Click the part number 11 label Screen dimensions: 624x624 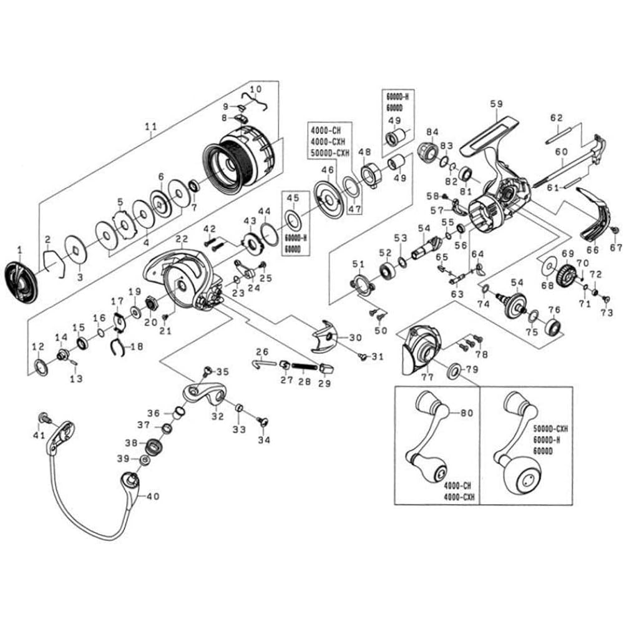150,127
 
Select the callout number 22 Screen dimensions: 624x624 182,239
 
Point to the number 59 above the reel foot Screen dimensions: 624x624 496,104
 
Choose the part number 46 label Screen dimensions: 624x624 325,170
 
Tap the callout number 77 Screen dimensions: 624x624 427,377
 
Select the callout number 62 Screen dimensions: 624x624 557,117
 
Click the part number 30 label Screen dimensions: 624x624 355,338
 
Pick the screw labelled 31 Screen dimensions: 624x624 362,355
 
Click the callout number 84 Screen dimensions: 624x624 432,131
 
